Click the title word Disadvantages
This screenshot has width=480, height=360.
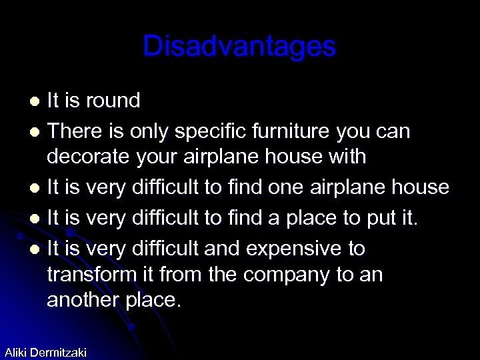(x=239, y=46)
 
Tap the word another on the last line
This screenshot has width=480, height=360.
(x=83, y=299)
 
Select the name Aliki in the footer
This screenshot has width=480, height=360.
(x=16, y=352)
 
